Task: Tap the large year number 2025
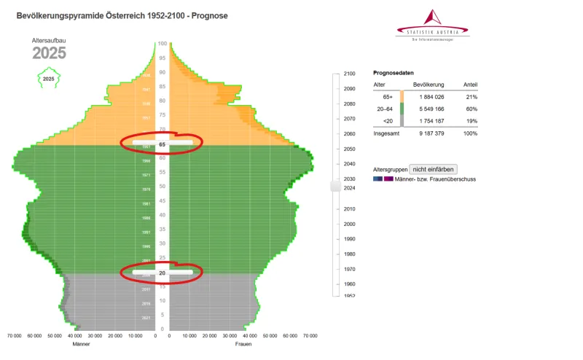click(x=49, y=53)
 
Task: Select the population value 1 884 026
click(x=429, y=96)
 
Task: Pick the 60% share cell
click(x=471, y=109)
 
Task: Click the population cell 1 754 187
click(x=429, y=121)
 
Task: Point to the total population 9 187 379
click(x=429, y=134)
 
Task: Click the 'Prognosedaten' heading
click(x=394, y=73)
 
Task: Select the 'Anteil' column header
click(x=470, y=85)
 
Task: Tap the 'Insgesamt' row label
click(x=387, y=134)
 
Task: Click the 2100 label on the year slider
click(x=350, y=74)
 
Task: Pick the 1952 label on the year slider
click(x=350, y=296)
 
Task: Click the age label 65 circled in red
click(x=163, y=144)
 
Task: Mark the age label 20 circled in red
click(x=163, y=273)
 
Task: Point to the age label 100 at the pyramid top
click(x=163, y=44)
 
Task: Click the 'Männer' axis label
click(x=82, y=344)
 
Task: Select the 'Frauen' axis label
click(x=243, y=344)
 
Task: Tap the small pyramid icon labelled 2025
click(x=48, y=78)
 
